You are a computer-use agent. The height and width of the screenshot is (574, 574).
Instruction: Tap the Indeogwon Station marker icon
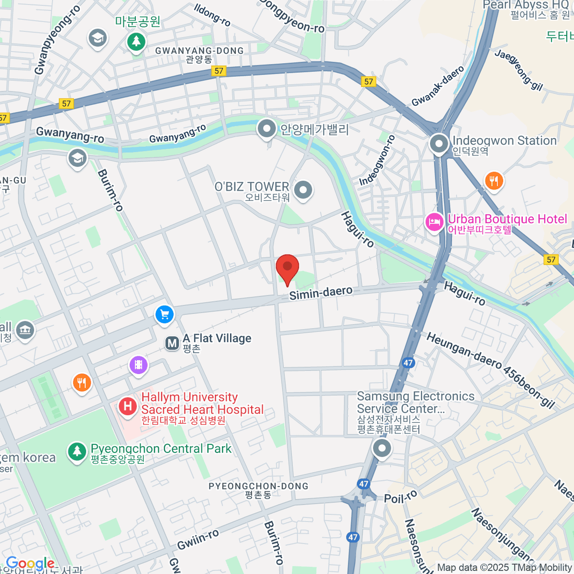point(439,143)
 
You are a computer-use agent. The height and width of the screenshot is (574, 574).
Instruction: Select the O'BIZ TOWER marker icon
point(303,190)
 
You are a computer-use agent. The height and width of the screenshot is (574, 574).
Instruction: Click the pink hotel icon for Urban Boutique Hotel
point(434,222)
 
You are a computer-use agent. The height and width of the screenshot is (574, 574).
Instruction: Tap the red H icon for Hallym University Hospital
point(128,407)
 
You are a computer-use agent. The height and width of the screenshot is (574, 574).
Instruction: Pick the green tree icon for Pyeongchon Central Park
point(77,451)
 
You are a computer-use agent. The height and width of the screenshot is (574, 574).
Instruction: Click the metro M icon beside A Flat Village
point(172,343)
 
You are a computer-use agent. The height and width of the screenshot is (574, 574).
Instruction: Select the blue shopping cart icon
point(165,315)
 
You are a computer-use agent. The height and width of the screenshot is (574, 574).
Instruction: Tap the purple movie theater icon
point(138,365)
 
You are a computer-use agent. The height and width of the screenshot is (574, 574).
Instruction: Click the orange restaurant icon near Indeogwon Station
point(494,181)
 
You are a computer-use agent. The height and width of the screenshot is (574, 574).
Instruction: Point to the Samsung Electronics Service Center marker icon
point(382,449)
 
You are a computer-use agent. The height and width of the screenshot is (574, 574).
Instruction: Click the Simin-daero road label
point(321,293)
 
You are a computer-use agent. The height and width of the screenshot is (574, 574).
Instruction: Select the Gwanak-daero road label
point(438,86)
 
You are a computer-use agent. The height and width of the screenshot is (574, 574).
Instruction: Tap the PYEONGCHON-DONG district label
point(258,486)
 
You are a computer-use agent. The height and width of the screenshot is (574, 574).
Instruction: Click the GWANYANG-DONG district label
point(199,51)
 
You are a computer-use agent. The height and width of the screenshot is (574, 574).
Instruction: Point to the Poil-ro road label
point(401,497)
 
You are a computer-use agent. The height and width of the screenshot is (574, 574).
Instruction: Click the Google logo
point(30,563)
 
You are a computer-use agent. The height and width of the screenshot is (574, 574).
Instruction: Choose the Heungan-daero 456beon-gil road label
point(491,371)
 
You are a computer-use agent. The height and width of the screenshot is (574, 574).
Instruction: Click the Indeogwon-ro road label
point(377,160)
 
